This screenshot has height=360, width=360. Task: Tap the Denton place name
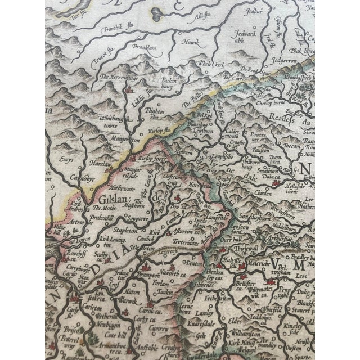[x=195, y=262]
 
